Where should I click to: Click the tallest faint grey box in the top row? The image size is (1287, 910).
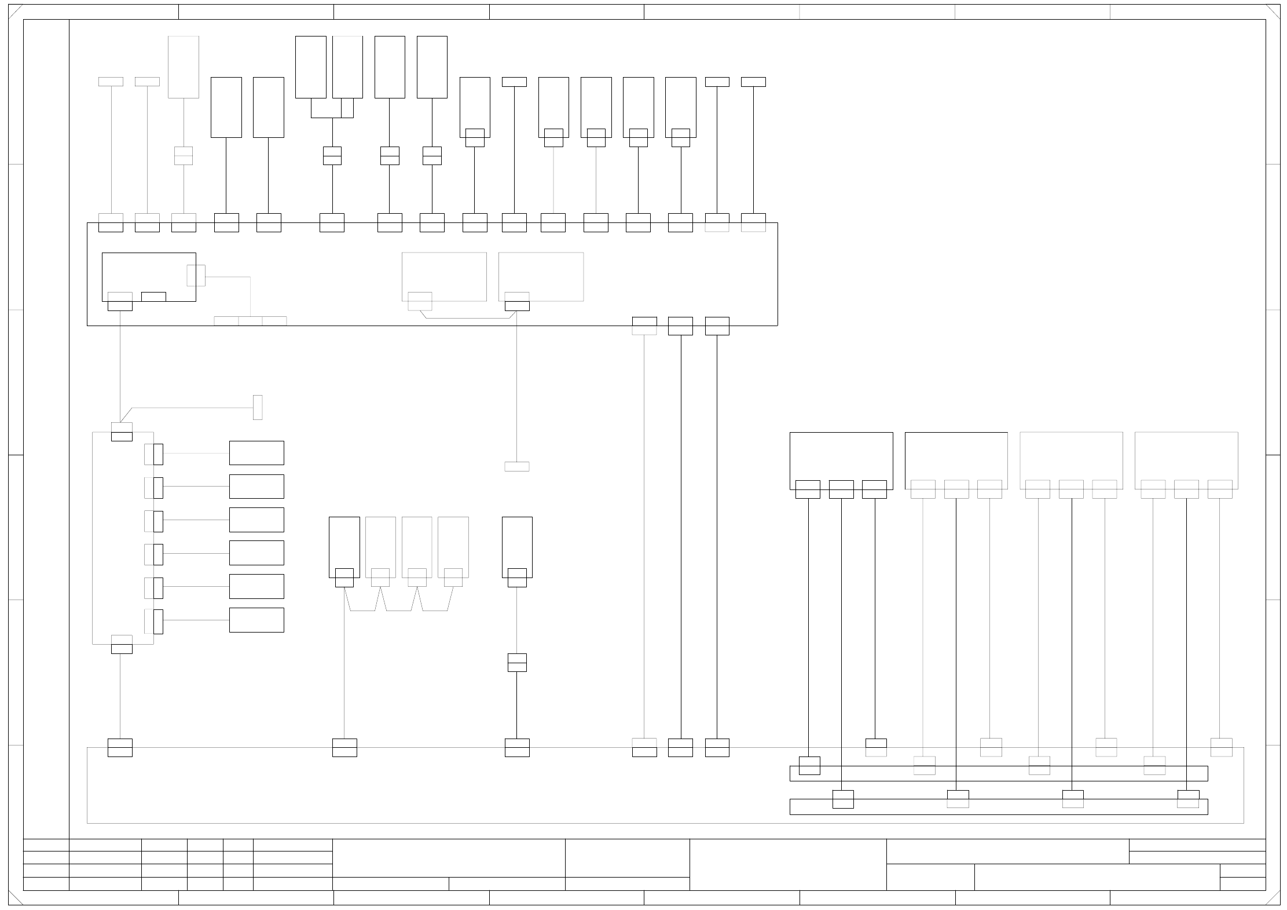(184, 67)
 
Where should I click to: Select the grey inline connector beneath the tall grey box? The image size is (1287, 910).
(184, 156)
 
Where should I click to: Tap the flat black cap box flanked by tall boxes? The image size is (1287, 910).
(514, 82)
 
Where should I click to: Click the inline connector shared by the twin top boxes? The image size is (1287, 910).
(332, 156)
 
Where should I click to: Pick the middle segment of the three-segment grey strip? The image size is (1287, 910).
(250, 321)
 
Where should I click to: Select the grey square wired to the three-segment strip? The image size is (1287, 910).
(196, 276)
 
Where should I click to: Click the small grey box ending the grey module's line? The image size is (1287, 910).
(517, 466)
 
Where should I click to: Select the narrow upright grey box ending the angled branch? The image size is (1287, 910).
(258, 407)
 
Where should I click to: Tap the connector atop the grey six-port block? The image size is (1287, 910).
(122, 432)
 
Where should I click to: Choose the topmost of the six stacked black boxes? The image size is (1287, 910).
(256, 453)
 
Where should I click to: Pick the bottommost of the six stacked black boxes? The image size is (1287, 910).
(256, 620)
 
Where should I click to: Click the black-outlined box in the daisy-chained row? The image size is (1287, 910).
(344, 543)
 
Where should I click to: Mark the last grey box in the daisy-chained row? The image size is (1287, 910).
(453, 543)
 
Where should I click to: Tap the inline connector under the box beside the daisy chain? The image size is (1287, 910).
(517, 662)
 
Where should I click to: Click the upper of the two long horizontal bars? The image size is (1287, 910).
(998, 774)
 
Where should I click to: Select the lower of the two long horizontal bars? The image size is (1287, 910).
(998, 807)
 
